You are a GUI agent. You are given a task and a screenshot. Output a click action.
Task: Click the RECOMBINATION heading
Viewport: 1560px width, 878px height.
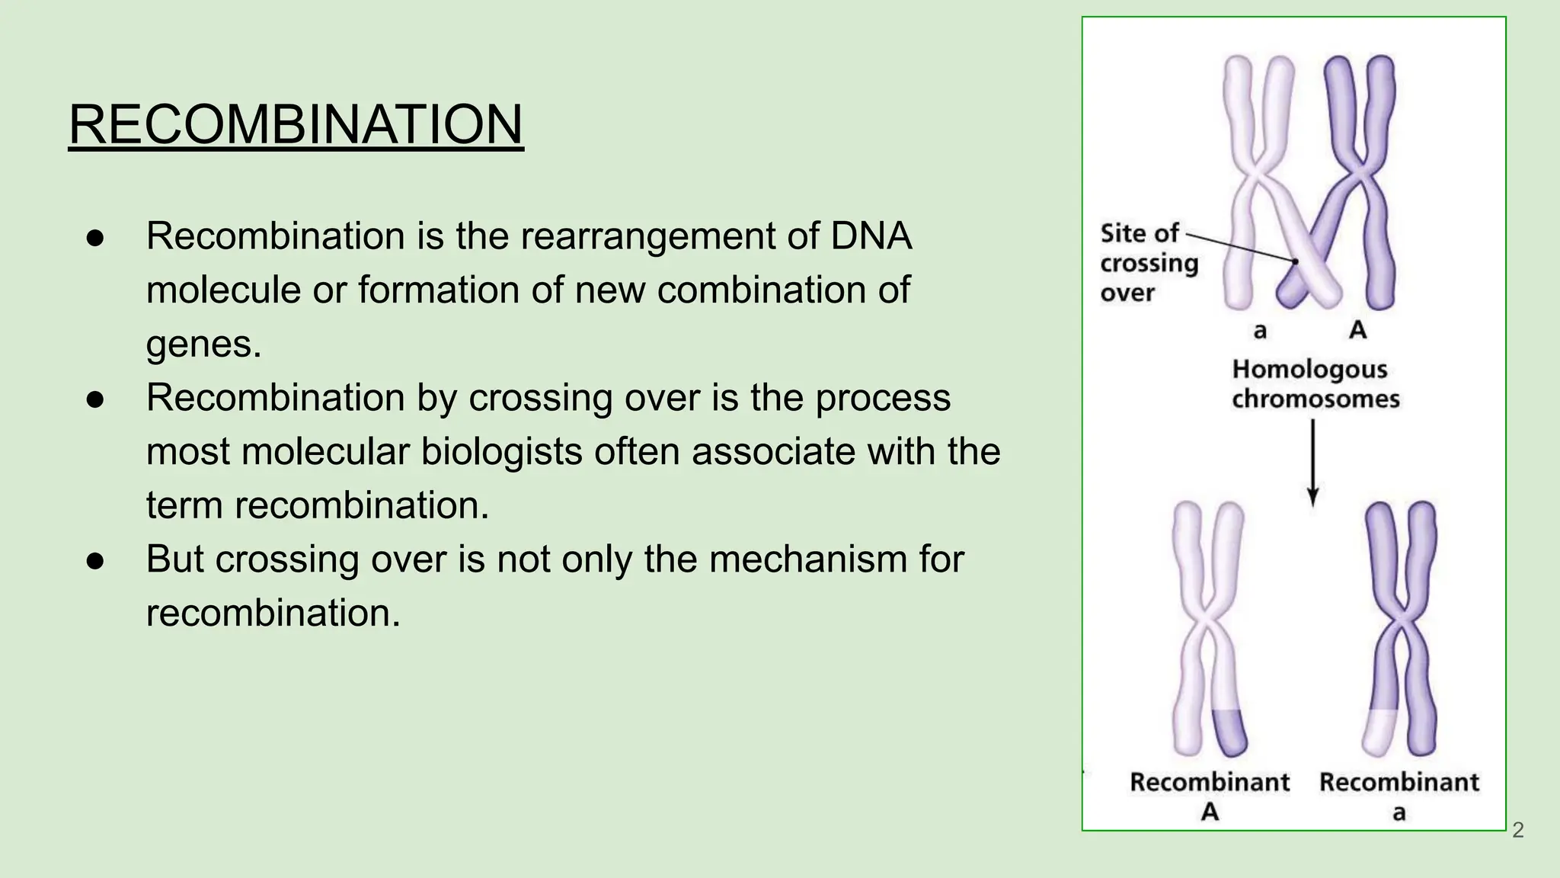click(296, 124)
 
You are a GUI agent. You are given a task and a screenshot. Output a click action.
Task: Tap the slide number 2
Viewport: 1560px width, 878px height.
click(1517, 830)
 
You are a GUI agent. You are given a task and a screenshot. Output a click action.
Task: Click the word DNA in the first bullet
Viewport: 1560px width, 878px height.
click(871, 236)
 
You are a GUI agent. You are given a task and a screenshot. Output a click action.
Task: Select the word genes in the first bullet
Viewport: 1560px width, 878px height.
click(203, 344)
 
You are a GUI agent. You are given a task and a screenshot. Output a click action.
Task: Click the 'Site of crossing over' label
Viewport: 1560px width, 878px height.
click(1149, 262)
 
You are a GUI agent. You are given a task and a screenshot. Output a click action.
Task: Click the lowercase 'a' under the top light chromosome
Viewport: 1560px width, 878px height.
click(1260, 331)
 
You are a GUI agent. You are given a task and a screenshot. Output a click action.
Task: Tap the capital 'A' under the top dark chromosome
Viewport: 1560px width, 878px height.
click(1357, 330)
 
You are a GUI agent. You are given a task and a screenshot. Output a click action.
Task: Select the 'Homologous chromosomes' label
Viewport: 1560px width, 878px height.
click(1315, 383)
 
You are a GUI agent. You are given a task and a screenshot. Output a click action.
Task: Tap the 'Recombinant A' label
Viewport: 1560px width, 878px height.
click(1210, 795)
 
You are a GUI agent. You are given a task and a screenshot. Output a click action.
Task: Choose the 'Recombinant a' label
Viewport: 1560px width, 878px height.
click(1399, 795)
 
